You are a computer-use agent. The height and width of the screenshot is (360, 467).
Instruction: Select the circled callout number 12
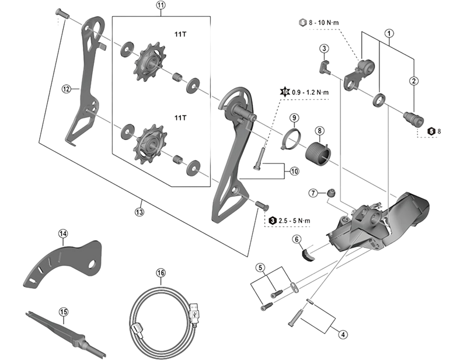click(x=67, y=89)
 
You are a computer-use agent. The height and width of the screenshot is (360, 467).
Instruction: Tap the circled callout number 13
click(x=138, y=212)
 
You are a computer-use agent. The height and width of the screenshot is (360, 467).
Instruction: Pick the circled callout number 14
click(x=63, y=234)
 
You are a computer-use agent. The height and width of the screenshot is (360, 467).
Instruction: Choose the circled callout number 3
click(x=324, y=48)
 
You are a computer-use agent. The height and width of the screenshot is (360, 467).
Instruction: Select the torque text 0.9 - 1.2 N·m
click(x=310, y=92)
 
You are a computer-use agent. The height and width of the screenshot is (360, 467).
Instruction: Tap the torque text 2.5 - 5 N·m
click(x=295, y=220)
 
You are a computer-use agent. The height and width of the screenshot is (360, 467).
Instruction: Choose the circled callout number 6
click(x=297, y=239)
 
